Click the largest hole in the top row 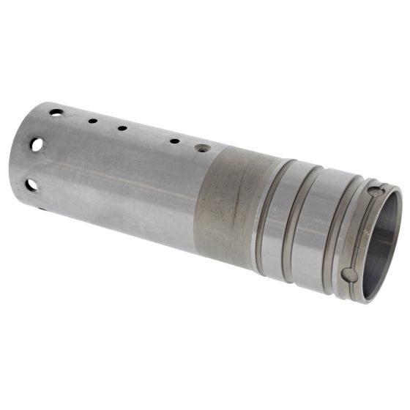click(56, 112)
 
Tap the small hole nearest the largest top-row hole click(93, 120)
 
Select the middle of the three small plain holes click(122, 128)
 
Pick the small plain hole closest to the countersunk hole click(175, 141)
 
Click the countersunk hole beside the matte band click(200, 147)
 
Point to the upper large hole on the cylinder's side click(37, 145)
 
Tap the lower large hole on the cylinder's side click(31, 184)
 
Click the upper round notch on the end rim click(376, 192)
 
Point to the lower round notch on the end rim click(351, 275)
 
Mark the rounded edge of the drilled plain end click(16, 157)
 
